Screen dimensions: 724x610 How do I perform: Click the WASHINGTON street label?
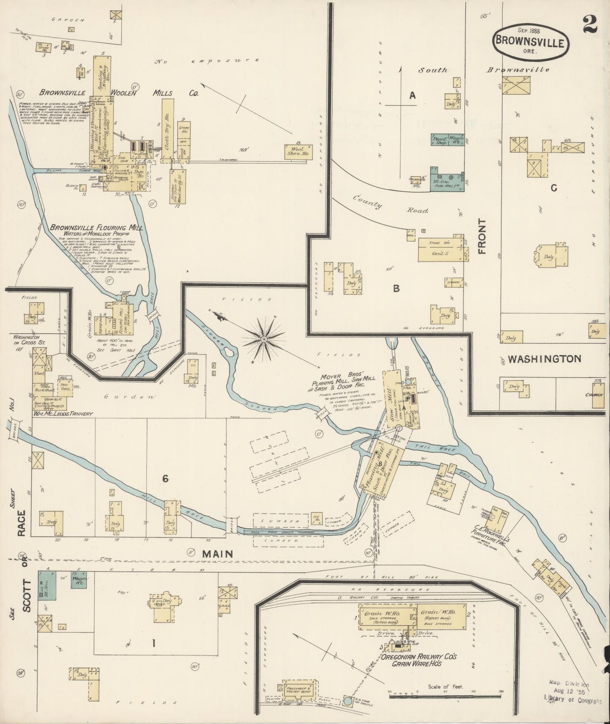[x=544, y=359]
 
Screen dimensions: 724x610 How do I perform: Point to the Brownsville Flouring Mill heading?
[x=96, y=228]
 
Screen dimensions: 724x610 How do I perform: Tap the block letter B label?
[x=396, y=288]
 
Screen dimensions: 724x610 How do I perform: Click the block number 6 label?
[x=165, y=478]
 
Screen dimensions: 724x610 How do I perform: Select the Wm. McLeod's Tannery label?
[x=62, y=414]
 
